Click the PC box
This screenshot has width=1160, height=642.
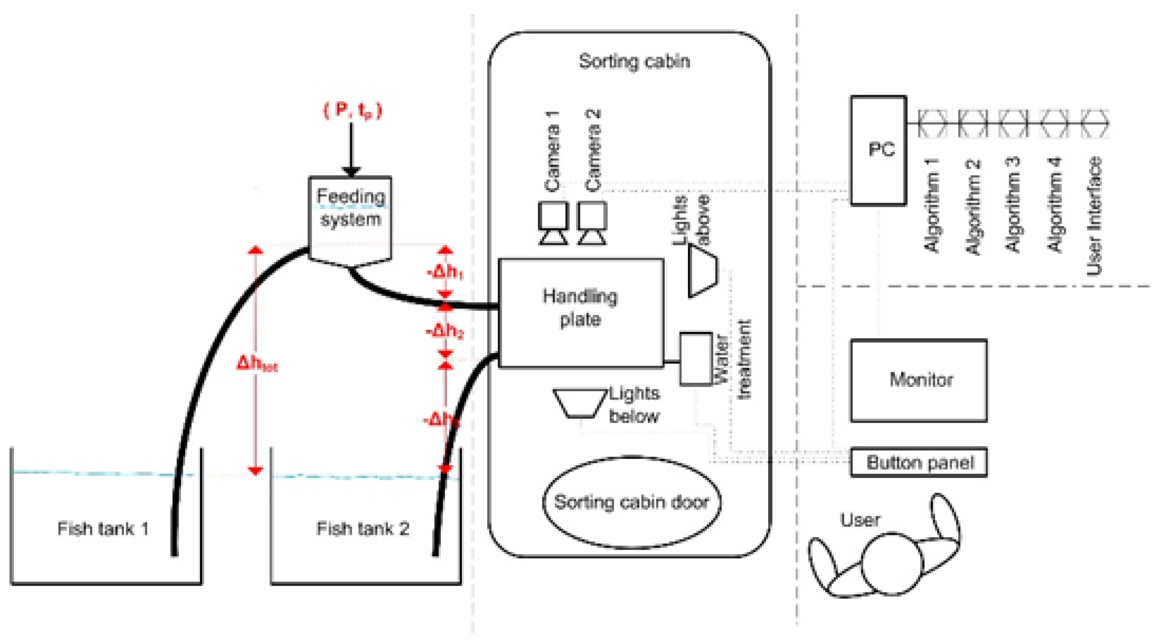click(878, 150)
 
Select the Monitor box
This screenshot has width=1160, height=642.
click(919, 380)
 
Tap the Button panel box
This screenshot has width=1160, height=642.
click(919, 462)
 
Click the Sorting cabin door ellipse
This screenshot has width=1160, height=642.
click(631, 502)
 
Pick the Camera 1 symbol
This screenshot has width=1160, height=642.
click(553, 223)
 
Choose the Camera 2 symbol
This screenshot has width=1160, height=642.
click(592, 223)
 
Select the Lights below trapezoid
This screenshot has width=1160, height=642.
click(580, 403)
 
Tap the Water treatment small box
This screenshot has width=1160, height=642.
click(695, 359)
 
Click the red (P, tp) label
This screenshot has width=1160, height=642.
click(353, 110)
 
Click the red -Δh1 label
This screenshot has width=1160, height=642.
click(445, 272)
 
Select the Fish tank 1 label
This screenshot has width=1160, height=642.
click(103, 529)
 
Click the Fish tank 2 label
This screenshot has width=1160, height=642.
click(363, 529)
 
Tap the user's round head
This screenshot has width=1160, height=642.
click(892, 563)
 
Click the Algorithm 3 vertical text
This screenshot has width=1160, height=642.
click(1013, 205)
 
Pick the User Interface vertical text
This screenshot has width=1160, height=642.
click(1094, 216)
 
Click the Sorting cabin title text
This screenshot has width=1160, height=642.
click(634, 61)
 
